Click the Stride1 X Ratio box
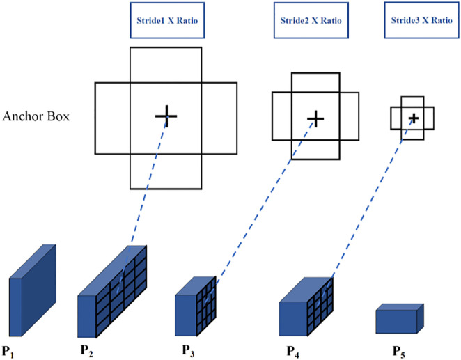[167, 20]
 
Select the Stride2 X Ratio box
[311, 20]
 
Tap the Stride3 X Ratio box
[421, 20]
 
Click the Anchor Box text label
[36, 116]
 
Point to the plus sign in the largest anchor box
[166, 116]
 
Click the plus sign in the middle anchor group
[315, 119]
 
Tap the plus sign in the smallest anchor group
[414, 118]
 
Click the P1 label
[8, 352]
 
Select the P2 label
[87, 350]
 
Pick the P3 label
[188, 350]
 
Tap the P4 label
[293, 352]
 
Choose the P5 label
[399, 352]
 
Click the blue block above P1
[32, 290]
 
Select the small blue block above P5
[400, 319]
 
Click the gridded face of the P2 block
[121, 292]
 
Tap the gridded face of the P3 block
[206, 306]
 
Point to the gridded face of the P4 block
[320, 306]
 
